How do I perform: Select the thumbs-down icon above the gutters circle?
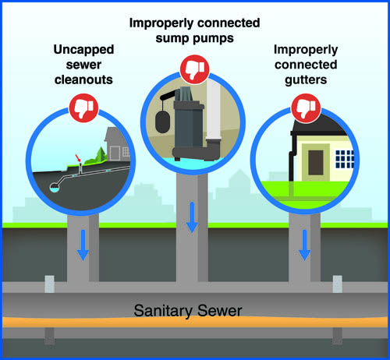click(x=303, y=107)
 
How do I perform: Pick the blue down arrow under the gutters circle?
click(x=305, y=249)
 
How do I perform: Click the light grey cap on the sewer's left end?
click(x=51, y=284)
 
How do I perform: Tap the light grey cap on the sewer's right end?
click(x=339, y=284)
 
